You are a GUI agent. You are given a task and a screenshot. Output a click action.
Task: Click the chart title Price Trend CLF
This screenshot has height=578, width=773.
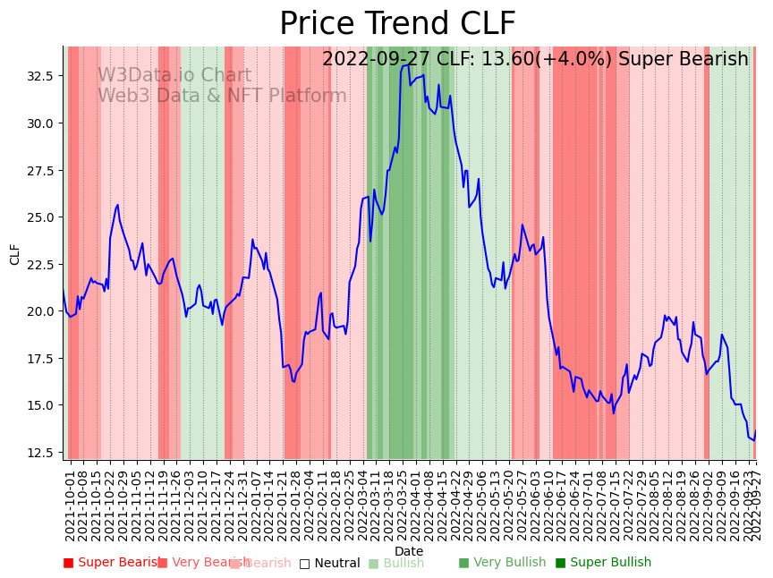397,24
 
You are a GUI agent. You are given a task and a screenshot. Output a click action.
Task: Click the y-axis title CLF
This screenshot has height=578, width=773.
15,254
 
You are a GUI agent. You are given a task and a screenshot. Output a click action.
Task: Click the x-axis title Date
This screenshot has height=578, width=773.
409,552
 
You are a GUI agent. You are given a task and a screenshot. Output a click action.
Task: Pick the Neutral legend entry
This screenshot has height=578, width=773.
329,564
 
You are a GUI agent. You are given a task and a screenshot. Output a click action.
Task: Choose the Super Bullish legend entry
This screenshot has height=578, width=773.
603,563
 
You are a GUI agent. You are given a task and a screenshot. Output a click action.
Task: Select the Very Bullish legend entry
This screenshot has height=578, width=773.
502,563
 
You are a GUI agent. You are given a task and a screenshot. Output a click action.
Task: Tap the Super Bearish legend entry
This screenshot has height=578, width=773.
113,563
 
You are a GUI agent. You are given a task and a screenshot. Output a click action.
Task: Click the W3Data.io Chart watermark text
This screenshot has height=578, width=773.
174,76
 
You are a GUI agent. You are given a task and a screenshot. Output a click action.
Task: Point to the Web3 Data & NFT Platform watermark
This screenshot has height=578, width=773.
222,97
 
